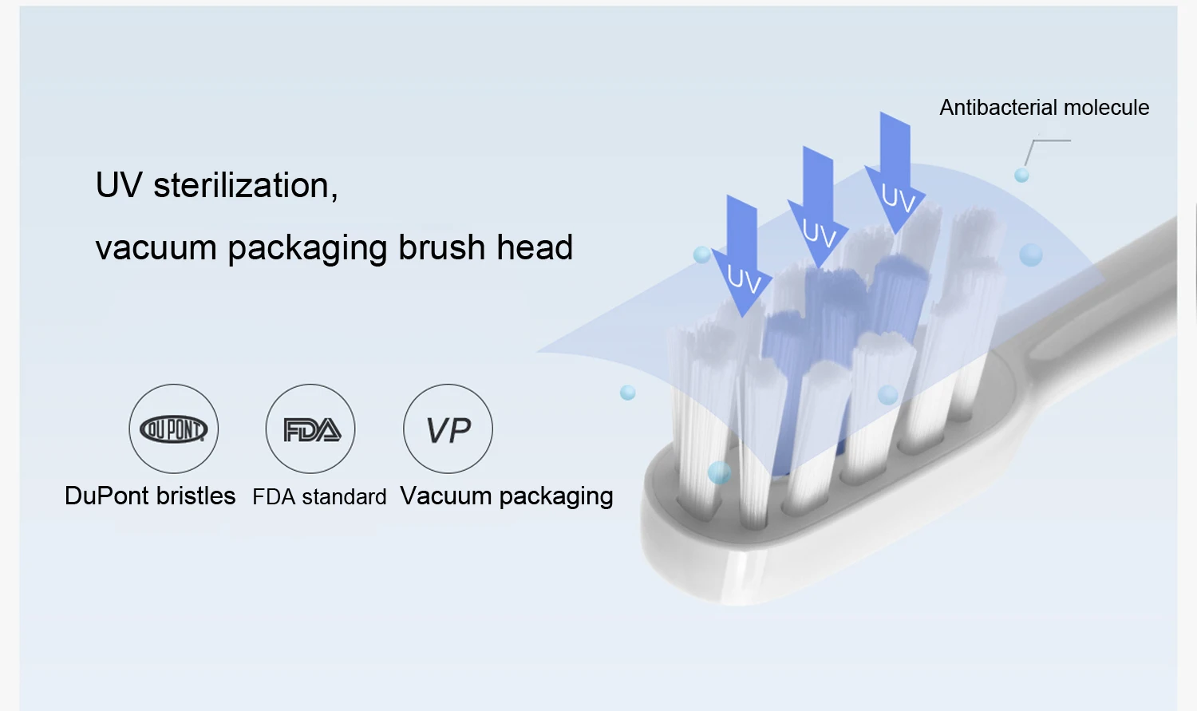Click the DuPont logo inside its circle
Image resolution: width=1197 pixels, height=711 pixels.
coord(173,429)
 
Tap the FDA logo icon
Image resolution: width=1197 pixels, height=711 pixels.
coord(311,430)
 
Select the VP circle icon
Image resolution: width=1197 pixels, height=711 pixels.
coord(448,429)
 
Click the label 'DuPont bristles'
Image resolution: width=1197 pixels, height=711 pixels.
coord(150,496)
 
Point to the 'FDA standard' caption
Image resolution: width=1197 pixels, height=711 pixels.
coord(319,496)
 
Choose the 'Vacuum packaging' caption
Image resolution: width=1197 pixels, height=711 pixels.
coord(507,496)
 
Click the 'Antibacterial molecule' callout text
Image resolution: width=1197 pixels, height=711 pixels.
coord(1044,108)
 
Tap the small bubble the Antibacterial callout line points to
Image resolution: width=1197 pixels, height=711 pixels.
coord(1021,176)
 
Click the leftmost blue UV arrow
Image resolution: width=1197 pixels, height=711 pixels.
coord(742,255)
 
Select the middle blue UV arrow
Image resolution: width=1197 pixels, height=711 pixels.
coord(818,207)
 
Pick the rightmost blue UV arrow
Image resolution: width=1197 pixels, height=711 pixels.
coord(895,172)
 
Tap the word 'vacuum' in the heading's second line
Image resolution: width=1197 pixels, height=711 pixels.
coord(156,248)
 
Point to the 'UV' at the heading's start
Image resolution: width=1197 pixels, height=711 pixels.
coord(119,186)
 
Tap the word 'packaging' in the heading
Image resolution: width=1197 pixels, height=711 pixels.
coord(308,249)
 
